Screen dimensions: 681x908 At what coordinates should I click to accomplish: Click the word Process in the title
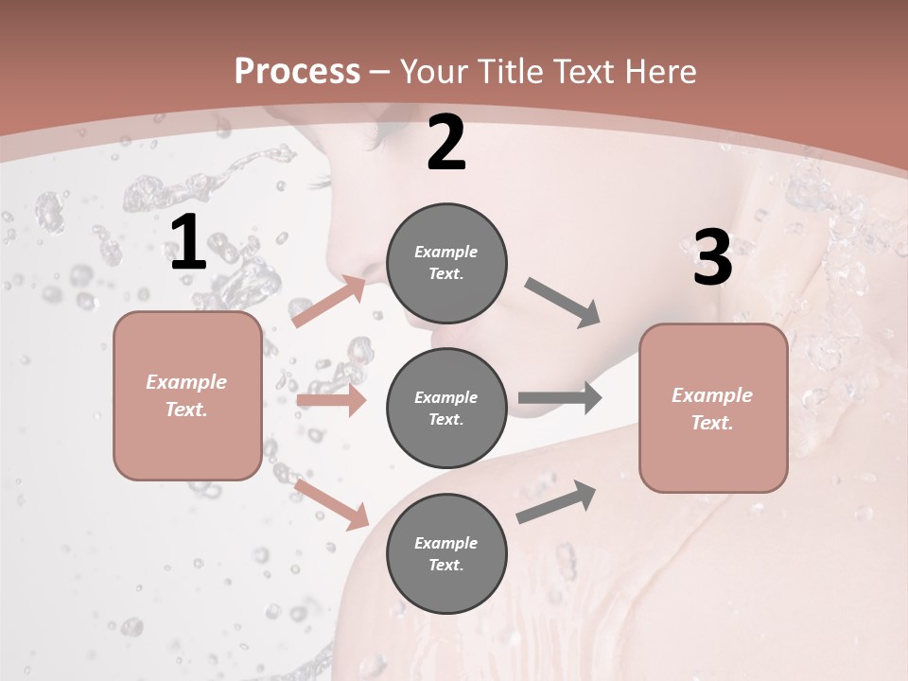pos(297,72)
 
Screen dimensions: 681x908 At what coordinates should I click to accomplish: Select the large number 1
pos(188,243)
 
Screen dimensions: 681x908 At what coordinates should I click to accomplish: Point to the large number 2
pos(446,144)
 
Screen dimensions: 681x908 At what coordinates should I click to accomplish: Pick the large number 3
pos(712,259)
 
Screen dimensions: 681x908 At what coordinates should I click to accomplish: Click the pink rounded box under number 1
pos(187,395)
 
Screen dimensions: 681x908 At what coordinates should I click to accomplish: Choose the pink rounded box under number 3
pos(713,408)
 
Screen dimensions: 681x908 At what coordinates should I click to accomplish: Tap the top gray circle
pos(446,263)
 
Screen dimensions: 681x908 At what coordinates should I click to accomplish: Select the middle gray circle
pos(446,408)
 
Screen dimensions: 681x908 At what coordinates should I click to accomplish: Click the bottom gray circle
pos(446,553)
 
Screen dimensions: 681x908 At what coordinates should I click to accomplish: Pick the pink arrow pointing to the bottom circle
pos(331,503)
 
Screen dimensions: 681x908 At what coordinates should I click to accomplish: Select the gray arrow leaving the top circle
pos(562,303)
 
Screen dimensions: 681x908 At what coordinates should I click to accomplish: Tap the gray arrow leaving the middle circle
pos(560,397)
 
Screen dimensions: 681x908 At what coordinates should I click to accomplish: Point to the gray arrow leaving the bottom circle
pos(556,502)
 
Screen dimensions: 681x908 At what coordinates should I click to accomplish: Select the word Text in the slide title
pos(586,72)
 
